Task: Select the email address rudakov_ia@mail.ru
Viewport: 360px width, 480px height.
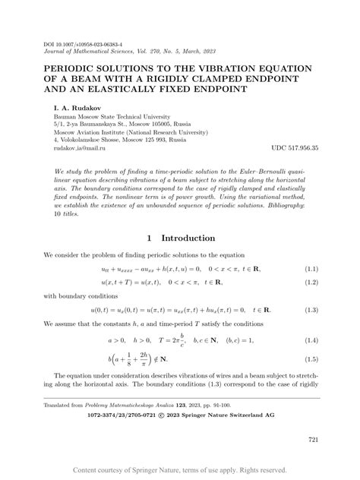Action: pyautogui.click(x=81, y=148)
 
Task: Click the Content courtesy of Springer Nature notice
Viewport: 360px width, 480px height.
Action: pyautogui.click(x=179, y=471)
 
